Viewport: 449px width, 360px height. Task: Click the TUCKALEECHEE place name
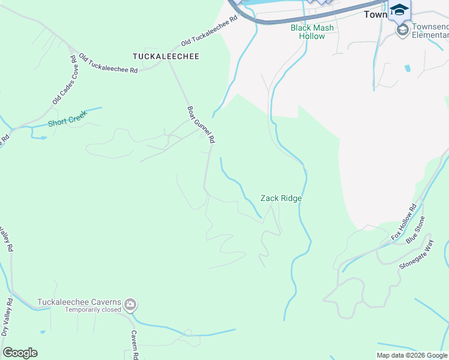pos(166,56)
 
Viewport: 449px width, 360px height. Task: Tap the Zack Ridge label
pos(280,198)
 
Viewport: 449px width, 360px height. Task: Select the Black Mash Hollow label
pos(312,32)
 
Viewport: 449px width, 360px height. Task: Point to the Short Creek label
pos(67,121)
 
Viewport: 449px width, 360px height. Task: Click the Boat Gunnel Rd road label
pos(200,125)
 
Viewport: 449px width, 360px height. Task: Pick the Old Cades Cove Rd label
pos(62,80)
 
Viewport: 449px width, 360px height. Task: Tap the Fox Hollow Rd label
pos(404,223)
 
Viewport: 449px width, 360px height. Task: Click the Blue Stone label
pos(415,229)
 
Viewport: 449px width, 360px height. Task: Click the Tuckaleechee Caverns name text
pos(79,302)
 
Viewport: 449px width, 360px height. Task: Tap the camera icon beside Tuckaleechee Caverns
pos(130,305)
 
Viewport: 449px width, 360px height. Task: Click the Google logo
pos(20,353)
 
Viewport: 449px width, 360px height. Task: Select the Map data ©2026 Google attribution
pos(412,355)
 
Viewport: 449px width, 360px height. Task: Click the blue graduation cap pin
pos(399,10)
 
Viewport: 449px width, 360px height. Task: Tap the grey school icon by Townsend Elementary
pos(402,29)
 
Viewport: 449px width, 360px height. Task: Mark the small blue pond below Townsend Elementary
pos(408,68)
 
